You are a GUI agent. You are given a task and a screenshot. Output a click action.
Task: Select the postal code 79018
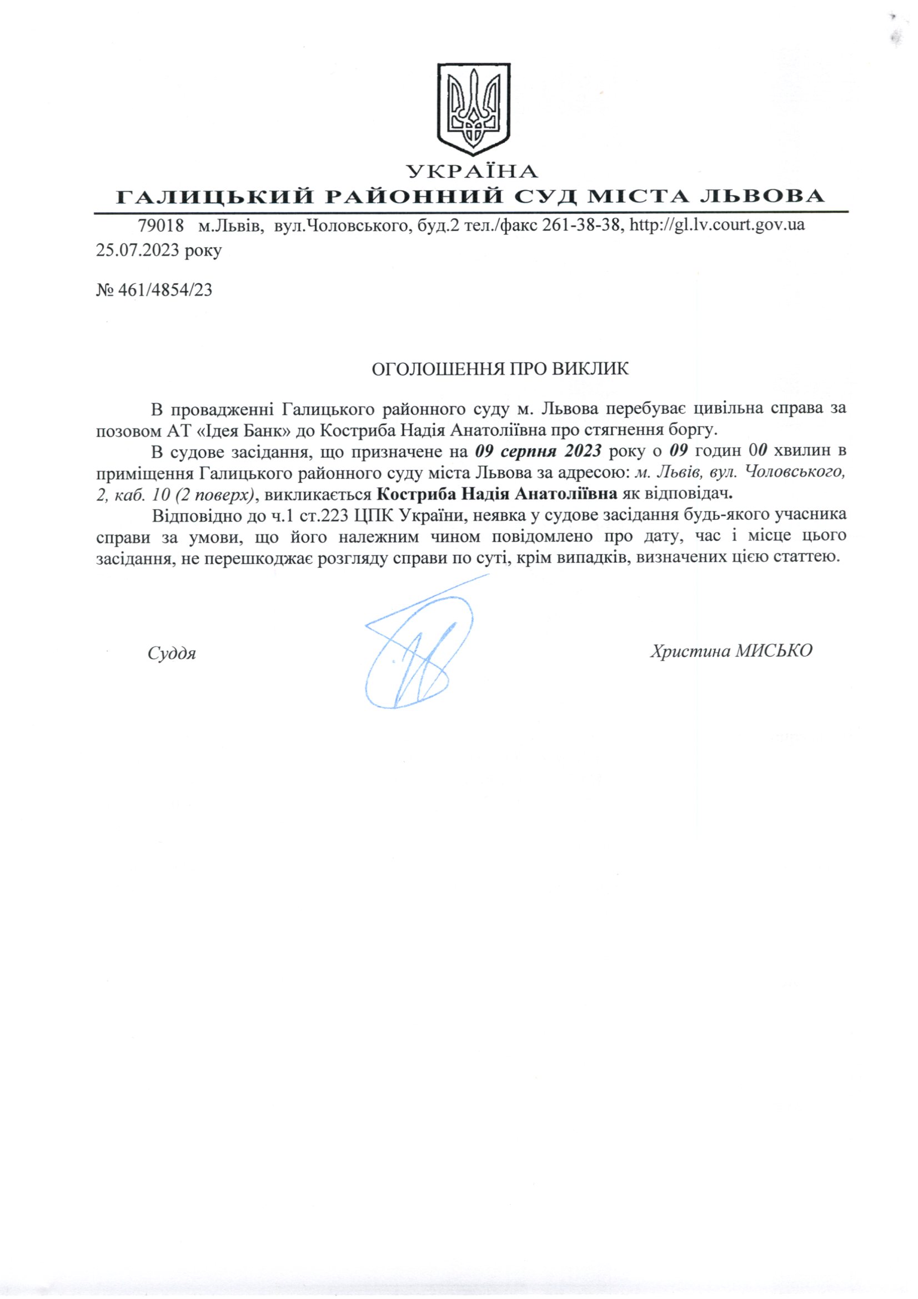161,225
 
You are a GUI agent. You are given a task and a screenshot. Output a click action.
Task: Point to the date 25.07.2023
141,250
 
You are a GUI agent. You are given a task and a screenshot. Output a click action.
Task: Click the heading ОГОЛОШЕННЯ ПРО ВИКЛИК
499,369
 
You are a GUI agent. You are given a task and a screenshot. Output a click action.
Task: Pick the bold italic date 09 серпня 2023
538,451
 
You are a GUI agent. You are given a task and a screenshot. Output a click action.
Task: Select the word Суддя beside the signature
172,654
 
